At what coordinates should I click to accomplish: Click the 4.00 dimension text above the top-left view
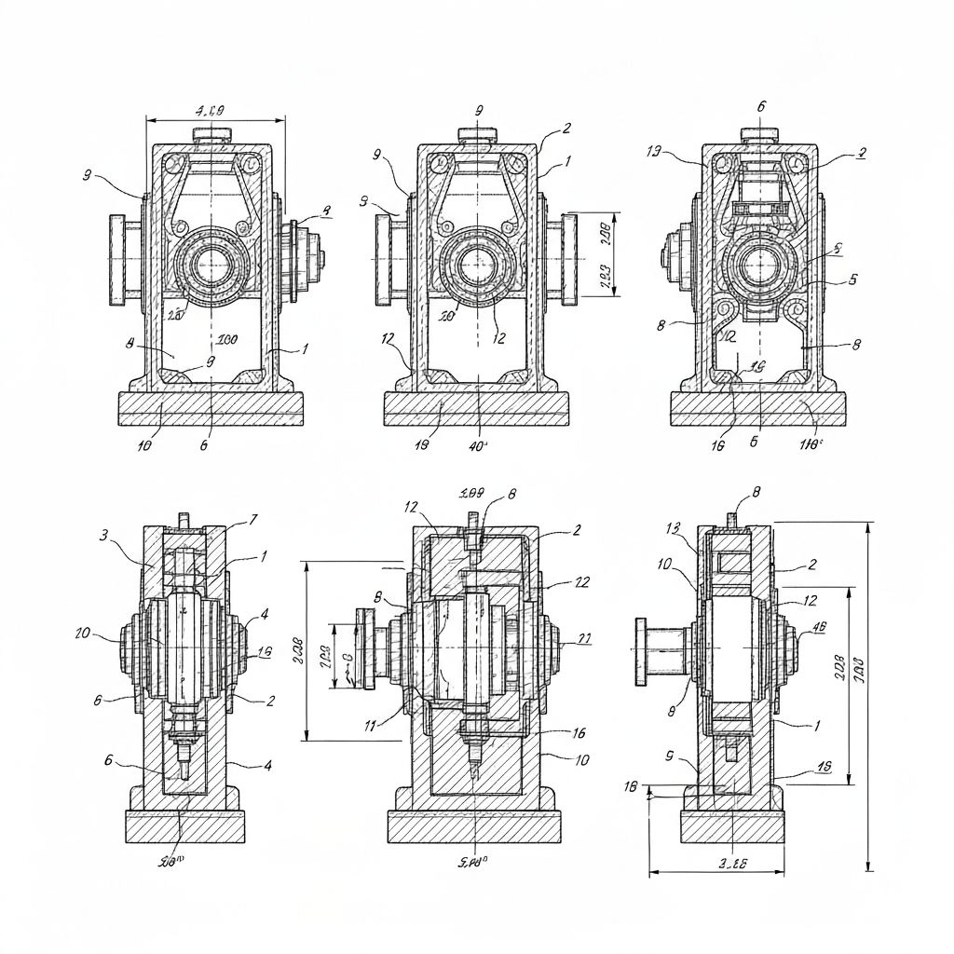pyautogui.click(x=213, y=111)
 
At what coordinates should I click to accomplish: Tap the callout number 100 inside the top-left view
pyautogui.click(x=226, y=339)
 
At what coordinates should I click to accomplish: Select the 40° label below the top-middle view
pyautogui.click(x=478, y=445)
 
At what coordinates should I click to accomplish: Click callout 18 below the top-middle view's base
pyautogui.click(x=420, y=445)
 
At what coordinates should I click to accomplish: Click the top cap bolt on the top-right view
pyautogui.click(x=759, y=135)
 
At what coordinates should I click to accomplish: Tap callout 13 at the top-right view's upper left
pyautogui.click(x=654, y=151)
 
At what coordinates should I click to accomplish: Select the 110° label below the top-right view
pyautogui.click(x=810, y=445)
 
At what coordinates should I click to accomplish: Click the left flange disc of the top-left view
pyautogui.click(x=117, y=259)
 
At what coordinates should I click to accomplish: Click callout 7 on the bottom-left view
pyautogui.click(x=253, y=519)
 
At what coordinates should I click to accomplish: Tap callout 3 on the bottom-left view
pyautogui.click(x=104, y=535)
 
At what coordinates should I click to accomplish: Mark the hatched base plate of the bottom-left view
pyautogui.click(x=184, y=825)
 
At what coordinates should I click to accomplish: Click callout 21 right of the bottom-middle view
pyautogui.click(x=584, y=639)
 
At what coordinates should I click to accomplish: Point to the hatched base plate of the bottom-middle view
pyautogui.click(x=475, y=825)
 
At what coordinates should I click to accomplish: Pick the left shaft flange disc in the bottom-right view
pyautogui.click(x=642, y=649)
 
